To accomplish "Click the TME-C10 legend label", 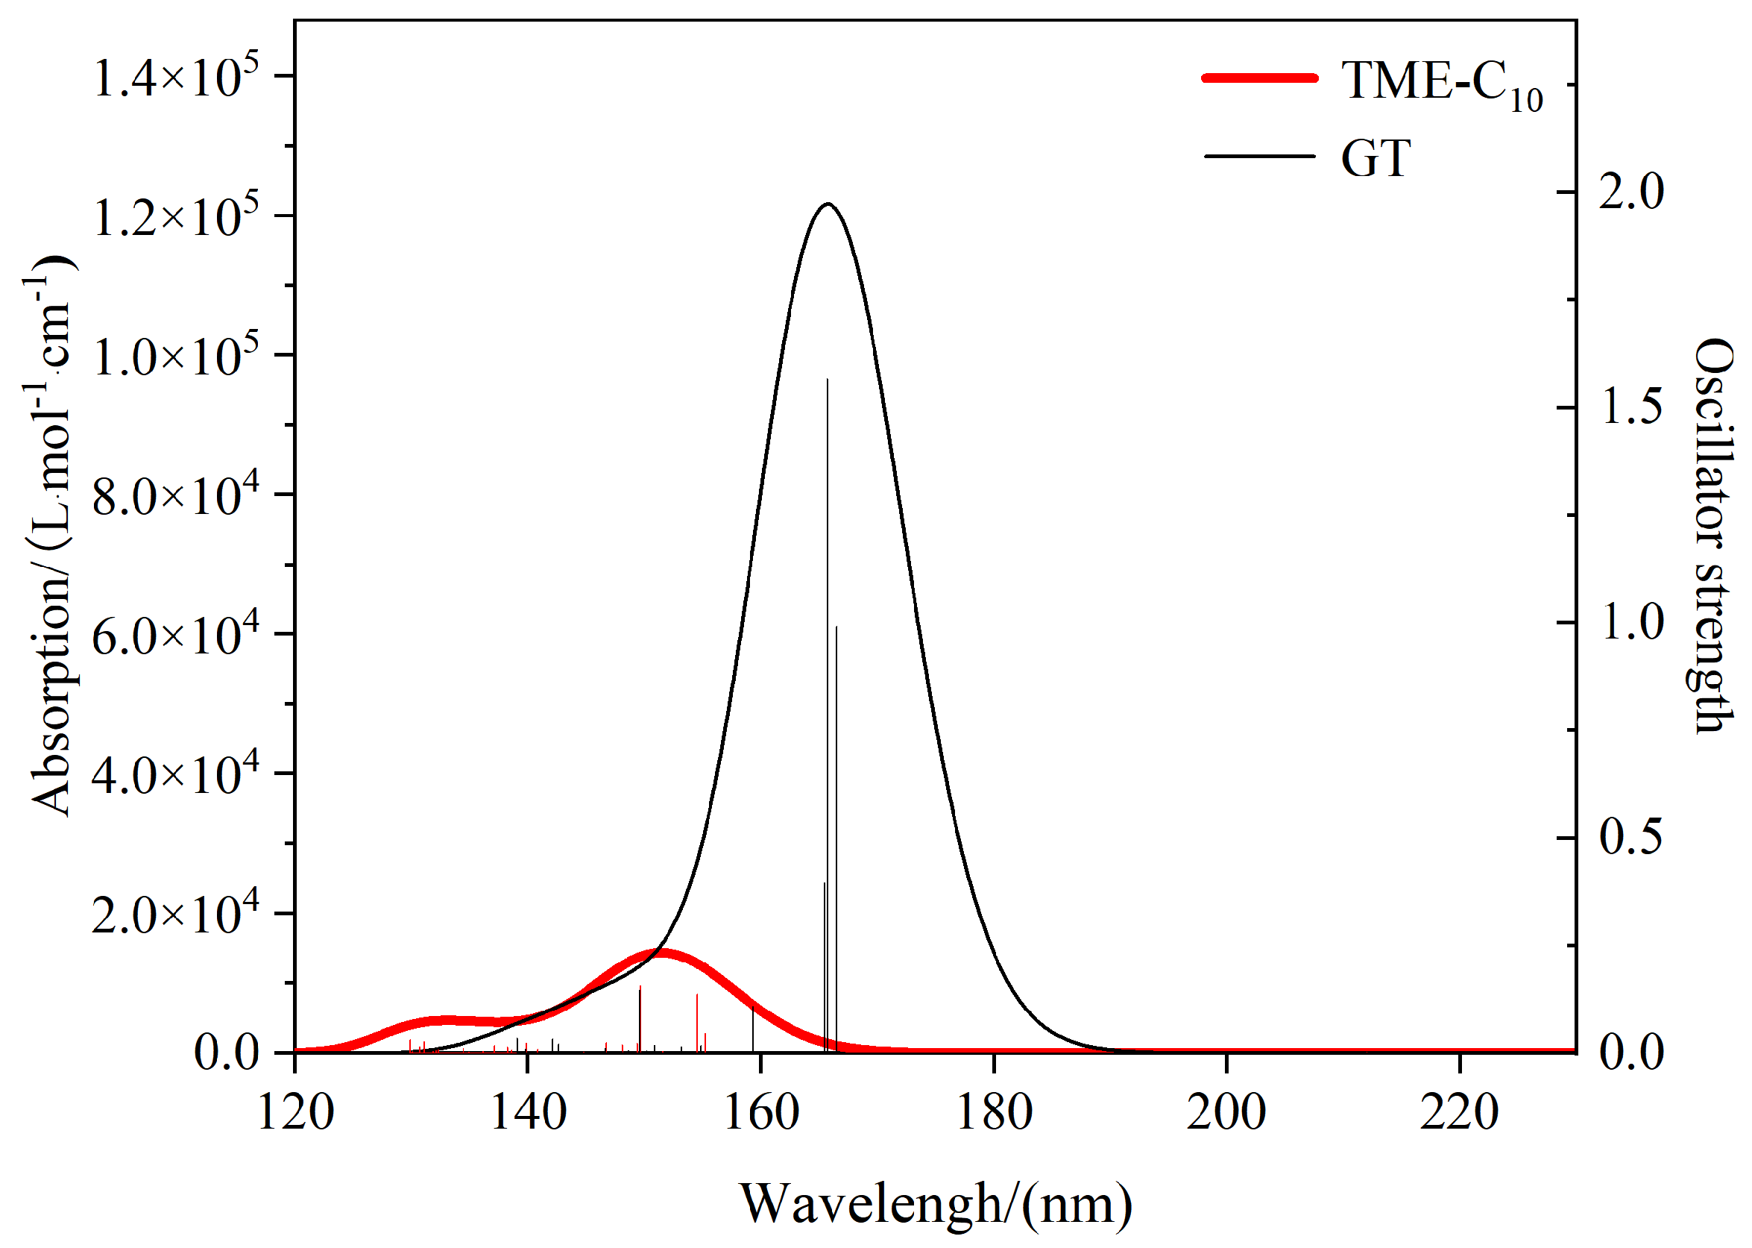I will pyautogui.click(x=1441, y=82).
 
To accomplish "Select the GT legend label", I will pyautogui.click(x=1375, y=159).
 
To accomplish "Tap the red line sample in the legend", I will pyautogui.click(x=1260, y=78).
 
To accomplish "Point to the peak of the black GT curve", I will pyautogui.click(x=828, y=204).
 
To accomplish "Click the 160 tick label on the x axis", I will pyautogui.click(x=760, y=1114).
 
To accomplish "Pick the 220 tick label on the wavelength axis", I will pyautogui.click(x=1458, y=1114).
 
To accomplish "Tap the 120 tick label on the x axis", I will pyautogui.click(x=296, y=1114).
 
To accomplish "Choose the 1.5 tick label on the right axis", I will pyautogui.click(x=1630, y=407).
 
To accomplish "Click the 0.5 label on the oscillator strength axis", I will pyautogui.click(x=1630, y=837).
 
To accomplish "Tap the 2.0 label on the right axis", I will pyautogui.click(x=1630, y=192).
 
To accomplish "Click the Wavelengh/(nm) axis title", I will pyautogui.click(x=936, y=1203).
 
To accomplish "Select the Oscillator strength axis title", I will pyautogui.click(x=1715, y=536).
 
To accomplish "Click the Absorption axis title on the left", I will pyautogui.click(x=51, y=536).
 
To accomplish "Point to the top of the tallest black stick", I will pyautogui.click(x=828, y=380).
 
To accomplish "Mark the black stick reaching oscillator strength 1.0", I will pyautogui.click(x=836, y=627).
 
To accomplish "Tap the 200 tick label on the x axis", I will pyautogui.click(x=1226, y=1114).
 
